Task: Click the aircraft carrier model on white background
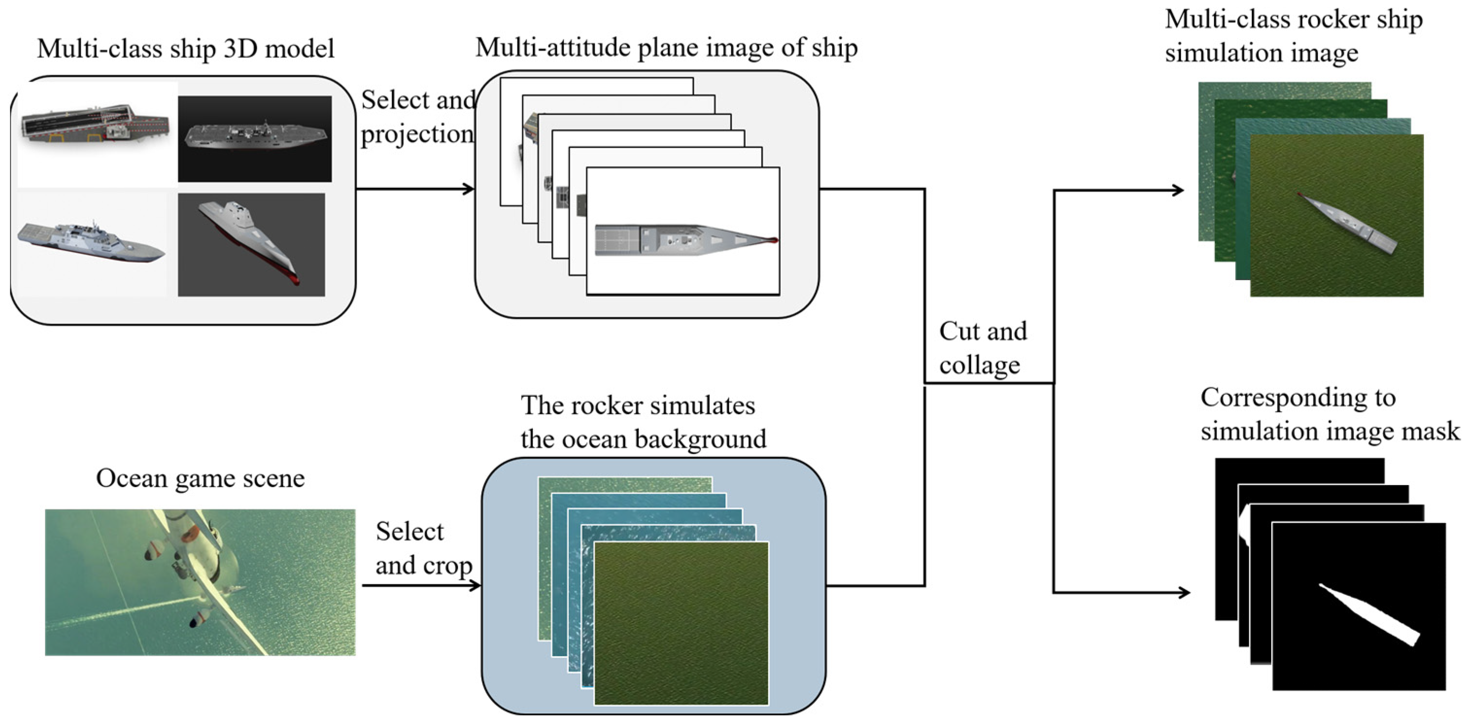(94, 124)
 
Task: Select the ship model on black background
(255, 137)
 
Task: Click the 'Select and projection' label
(418, 117)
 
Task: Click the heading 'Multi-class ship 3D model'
(185, 49)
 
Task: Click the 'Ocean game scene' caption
(200, 478)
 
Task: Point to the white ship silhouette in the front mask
(1368, 614)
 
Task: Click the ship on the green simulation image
(1348, 222)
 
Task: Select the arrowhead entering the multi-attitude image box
(468, 188)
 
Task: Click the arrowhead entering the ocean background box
(475, 585)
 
